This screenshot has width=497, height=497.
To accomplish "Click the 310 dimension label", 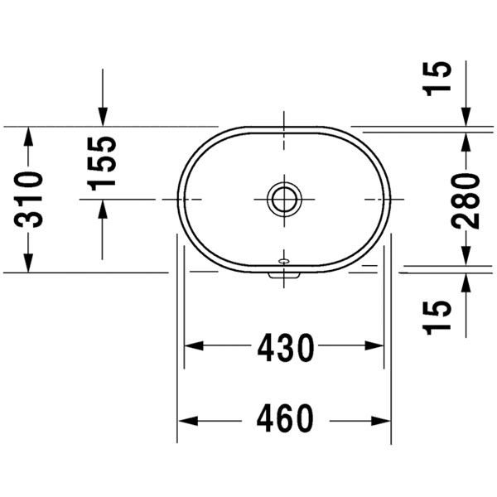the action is tap(28, 200).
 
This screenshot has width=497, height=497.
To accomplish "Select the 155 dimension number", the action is tap(101, 163).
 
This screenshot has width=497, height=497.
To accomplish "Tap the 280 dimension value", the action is tap(466, 201).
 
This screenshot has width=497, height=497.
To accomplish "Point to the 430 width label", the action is tap(286, 348).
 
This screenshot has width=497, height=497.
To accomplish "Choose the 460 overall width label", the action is tap(285, 418).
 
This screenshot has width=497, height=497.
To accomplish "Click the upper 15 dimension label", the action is tap(437, 79).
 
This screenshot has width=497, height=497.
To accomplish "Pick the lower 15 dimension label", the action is tap(437, 317).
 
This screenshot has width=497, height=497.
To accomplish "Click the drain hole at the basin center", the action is tap(284, 200).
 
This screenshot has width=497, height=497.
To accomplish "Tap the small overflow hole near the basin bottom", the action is tap(284, 261).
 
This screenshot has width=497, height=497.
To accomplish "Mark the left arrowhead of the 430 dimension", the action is tap(194, 345).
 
